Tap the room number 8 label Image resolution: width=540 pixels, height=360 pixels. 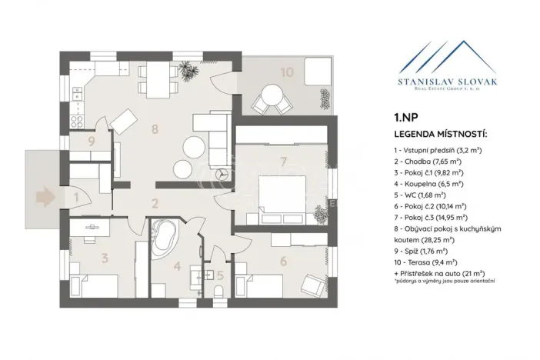point(155,130)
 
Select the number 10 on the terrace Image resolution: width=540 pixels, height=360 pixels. point(286,73)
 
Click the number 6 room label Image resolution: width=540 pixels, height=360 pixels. point(284,261)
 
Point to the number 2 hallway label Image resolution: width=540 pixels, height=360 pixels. point(155,204)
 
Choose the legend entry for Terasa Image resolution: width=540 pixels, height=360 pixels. point(427,262)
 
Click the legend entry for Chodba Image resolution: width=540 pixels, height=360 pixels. point(427,162)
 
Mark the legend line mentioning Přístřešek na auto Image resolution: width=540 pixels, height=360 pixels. point(438,273)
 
